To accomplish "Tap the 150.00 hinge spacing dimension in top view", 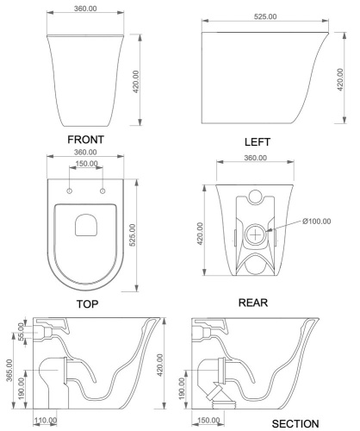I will [84, 164].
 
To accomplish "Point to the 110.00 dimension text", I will [45, 421].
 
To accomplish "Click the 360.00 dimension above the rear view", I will [255, 159].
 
